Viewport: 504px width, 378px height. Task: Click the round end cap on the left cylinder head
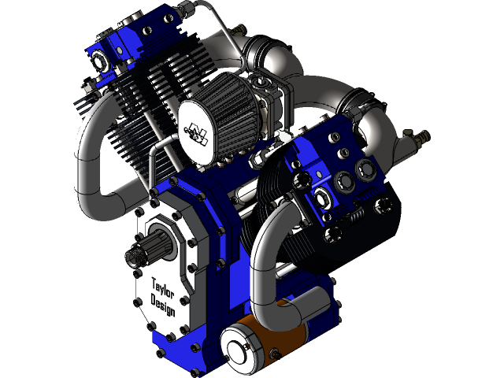tap(98, 60)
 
